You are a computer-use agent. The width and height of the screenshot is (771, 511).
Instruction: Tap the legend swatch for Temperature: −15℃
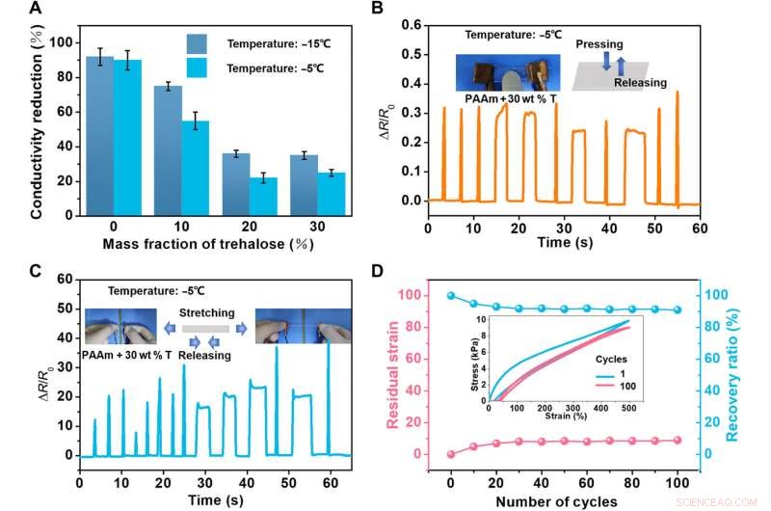point(204,44)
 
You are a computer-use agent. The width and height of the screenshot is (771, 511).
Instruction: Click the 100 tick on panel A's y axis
point(66,42)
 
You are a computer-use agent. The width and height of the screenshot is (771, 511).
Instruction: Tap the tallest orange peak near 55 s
point(678,94)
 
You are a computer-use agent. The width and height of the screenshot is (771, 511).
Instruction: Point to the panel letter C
point(36,270)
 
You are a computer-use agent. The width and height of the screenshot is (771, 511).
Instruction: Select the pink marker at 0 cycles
point(451,454)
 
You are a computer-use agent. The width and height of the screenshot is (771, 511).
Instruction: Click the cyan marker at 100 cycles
point(678,310)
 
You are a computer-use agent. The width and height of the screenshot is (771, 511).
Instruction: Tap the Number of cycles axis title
point(564,501)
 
